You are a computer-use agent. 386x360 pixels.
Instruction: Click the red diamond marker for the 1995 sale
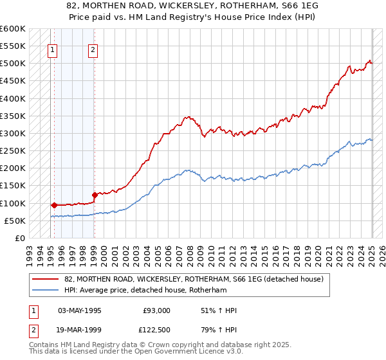(x=54, y=206)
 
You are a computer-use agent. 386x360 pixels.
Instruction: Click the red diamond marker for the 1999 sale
(x=95, y=195)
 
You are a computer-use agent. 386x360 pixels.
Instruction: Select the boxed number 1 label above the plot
(x=52, y=51)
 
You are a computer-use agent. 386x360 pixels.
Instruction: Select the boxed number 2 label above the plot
(x=93, y=51)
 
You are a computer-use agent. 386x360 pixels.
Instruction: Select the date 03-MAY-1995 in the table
(x=80, y=310)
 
